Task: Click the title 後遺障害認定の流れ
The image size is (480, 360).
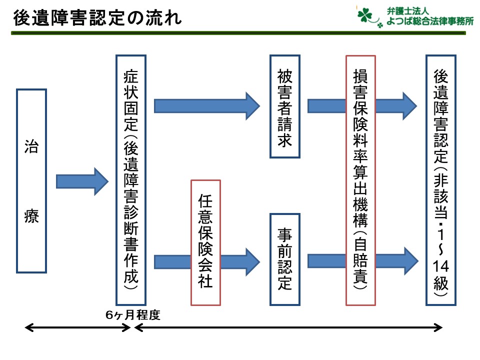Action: [97, 18]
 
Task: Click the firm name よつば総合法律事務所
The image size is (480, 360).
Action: [430, 21]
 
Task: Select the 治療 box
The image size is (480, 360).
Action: [31, 181]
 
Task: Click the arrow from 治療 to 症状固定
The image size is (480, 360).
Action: [82, 181]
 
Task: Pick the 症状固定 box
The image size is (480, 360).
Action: [131, 180]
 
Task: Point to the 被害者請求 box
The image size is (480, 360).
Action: [285, 106]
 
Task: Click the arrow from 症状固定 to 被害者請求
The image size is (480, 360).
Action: [207, 106]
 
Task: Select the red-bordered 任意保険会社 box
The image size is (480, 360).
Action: [205, 243]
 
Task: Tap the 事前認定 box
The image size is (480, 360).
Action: [285, 259]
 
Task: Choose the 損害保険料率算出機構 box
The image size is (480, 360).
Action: [360, 180]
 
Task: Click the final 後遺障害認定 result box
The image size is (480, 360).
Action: [441, 180]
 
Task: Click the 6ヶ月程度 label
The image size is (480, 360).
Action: [133, 314]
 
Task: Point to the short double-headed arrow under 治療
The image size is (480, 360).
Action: [78, 328]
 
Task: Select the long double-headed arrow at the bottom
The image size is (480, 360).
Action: [288, 328]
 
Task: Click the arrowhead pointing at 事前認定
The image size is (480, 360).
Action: [253, 262]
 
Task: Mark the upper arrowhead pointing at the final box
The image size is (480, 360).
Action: [409, 106]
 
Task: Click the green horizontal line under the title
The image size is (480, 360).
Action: [238, 33]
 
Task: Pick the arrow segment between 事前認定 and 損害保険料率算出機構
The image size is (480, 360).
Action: [326, 261]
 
